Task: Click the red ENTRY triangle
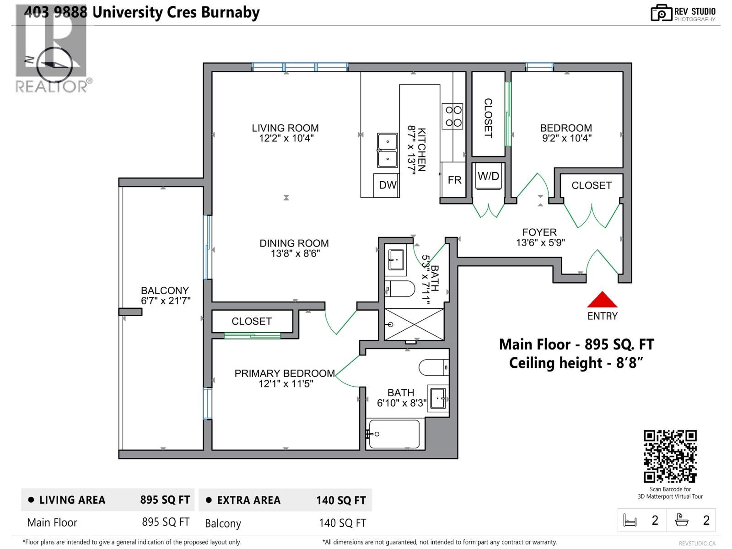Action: click(x=602, y=301)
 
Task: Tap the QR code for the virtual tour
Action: click(x=670, y=456)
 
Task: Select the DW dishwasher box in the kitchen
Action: click(x=387, y=185)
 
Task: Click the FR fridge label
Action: click(x=454, y=180)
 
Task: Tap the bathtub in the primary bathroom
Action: click(x=394, y=434)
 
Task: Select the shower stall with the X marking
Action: click(x=414, y=324)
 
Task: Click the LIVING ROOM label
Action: click(x=285, y=128)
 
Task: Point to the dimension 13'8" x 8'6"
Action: click(x=295, y=253)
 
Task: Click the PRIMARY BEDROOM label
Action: click(x=285, y=373)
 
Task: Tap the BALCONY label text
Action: click(x=165, y=291)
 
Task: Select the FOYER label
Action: click(x=539, y=232)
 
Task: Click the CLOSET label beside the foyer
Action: click(x=591, y=185)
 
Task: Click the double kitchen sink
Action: click(x=387, y=151)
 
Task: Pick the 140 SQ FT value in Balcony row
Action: click(x=342, y=523)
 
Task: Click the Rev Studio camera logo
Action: click(x=661, y=13)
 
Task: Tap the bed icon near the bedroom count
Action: click(x=630, y=520)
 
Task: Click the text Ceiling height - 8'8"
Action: click(x=576, y=363)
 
